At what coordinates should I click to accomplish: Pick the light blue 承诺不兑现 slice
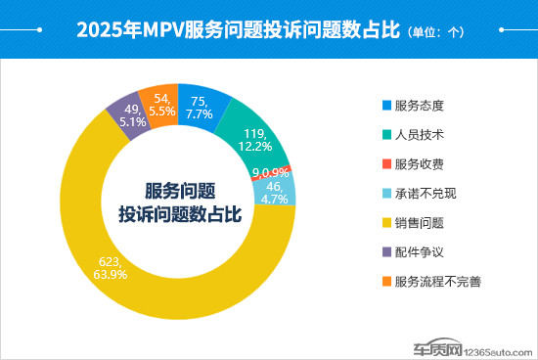pyautogui.click(x=276, y=189)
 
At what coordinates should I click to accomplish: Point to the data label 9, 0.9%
pyautogui.click(x=270, y=173)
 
